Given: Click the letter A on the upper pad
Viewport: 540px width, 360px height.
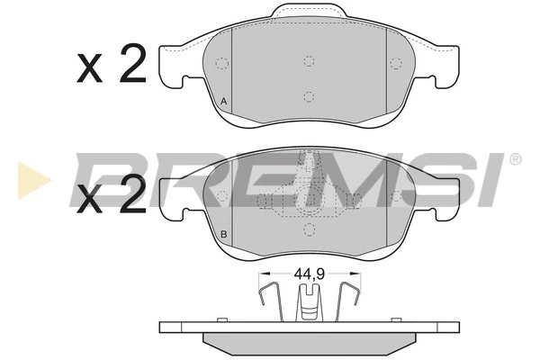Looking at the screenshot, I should pyautogui.click(x=223, y=102).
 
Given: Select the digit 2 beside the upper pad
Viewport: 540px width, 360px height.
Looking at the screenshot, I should pyautogui.click(x=131, y=66).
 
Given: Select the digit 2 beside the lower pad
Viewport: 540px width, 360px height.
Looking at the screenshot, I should pyautogui.click(x=131, y=195).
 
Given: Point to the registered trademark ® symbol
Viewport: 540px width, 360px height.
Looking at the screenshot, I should pyautogui.click(x=515, y=159).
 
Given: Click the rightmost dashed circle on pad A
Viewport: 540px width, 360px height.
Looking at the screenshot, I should pyautogui.click(x=396, y=63).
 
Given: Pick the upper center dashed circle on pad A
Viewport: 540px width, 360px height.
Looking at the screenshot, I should pyautogui.click(x=309, y=61).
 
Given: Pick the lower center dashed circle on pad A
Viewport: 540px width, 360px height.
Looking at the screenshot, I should pyautogui.click(x=309, y=96).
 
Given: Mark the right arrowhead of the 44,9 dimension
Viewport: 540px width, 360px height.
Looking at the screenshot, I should pyautogui.click(x=355, y=276).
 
